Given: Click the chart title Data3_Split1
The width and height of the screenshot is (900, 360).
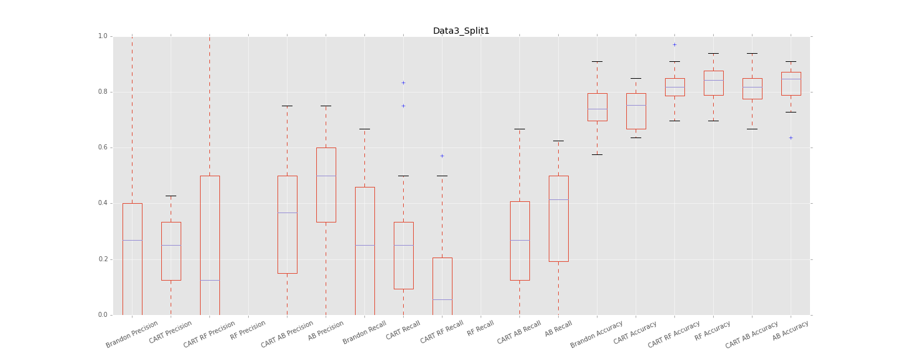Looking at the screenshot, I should click(x=461, y=31).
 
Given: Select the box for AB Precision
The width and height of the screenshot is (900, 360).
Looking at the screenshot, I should click(x=326, y=184).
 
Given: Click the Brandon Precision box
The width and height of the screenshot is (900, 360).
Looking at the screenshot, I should click(x=132, y=259).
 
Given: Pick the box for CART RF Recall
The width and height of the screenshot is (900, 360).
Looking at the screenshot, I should click(x=442, y=286).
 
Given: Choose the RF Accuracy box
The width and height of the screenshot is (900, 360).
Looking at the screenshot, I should click(x=713, y=83).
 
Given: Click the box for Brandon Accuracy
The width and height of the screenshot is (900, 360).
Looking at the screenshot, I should click(x=597, y=107).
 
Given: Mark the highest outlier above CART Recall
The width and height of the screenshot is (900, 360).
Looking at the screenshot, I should click(x=403, y=82).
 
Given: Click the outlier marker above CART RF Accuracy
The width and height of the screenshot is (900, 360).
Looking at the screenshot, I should click(x=674, y=44).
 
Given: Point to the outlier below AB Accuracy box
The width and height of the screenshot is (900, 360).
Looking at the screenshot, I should click(x=791, y=137).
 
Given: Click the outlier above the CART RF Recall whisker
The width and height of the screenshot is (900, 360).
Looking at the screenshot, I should click(x=442, y=156).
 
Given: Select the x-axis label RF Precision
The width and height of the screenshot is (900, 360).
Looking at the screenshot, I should click(x=249, y=330).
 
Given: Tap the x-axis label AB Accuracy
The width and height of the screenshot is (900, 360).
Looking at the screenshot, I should click(x=791, y=330).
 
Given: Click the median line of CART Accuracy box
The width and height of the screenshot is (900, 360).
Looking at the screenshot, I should click(x=636, y=105).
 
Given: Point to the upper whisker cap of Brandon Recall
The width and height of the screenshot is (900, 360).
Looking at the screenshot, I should click(x=364, y=129).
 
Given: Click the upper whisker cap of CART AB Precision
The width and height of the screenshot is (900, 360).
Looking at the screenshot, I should click(x=287, y=106).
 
